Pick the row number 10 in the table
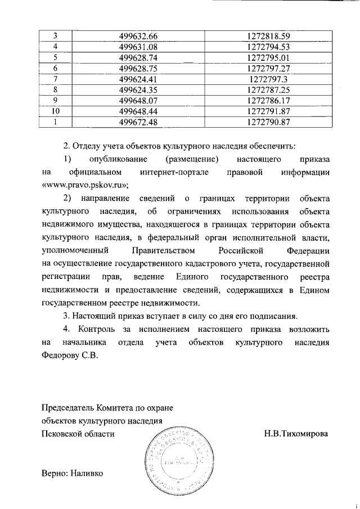coord(56,111)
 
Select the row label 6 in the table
coord(56,68)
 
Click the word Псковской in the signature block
coord(62,434)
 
